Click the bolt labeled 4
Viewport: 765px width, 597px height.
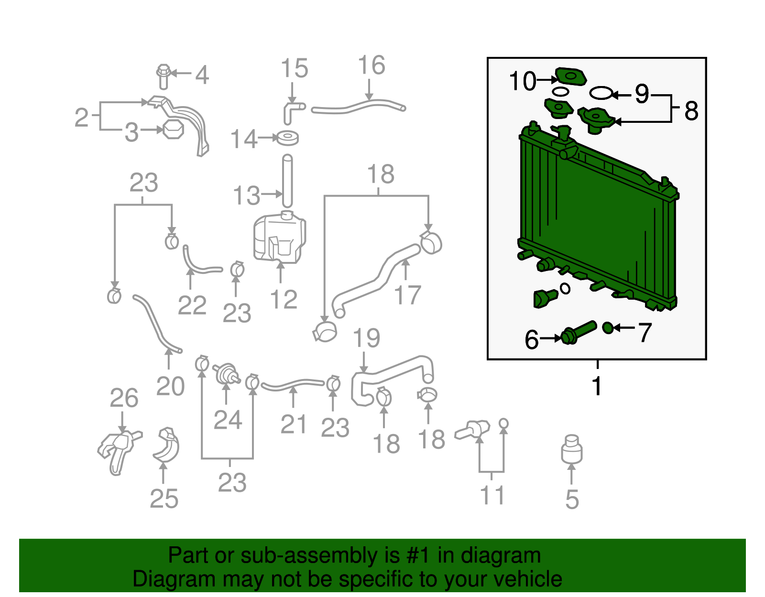tap(163, 76)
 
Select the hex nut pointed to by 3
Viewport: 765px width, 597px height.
tap(173, 130)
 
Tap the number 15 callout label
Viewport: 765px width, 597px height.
tap(294, 68)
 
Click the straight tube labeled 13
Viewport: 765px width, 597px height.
tap(287, 181)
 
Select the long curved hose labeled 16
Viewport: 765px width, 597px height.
tap(359, 106)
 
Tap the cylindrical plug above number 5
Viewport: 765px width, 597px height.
tap(572, 449)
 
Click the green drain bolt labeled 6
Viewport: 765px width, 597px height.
tap(579, 332)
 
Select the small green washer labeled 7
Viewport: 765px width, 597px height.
tap(608, 328)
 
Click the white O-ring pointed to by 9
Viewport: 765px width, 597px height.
tap(601, 93)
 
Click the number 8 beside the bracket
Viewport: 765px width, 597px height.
tap(691, 110)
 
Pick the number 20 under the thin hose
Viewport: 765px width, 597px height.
tap(170, 386)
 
